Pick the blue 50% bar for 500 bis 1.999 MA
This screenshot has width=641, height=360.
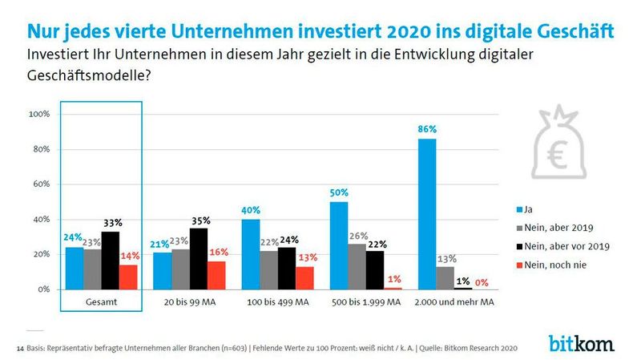340,245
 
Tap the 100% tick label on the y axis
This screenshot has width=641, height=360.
38,115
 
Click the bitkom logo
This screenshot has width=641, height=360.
581,343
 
